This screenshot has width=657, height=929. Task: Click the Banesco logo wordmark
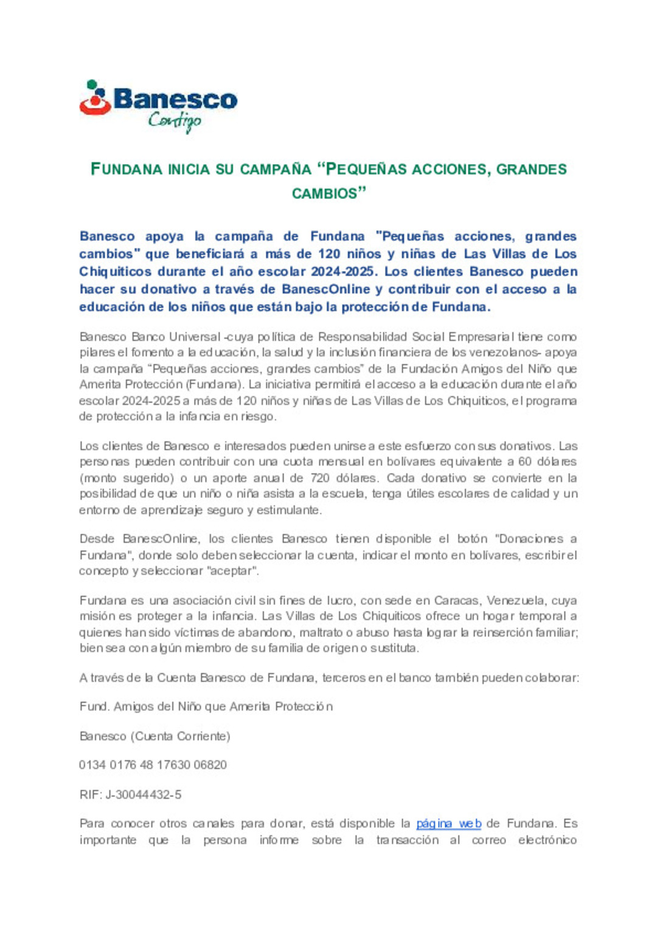(x=175, y=99)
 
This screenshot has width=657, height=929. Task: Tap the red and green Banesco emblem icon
(x=95, y=98)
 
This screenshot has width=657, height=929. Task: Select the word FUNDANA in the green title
(x=126, y=169)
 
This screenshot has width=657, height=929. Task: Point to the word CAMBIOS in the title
(x=324, y=193)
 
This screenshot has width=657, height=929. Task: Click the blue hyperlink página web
(x=448, y=824)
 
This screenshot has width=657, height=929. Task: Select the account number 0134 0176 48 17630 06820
(x=153, y=765)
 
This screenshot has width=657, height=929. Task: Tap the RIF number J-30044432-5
(x=143, y=795)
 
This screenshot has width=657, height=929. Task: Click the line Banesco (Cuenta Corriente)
(x=155, y=736)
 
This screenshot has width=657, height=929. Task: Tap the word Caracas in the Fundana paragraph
(x=456, y=601)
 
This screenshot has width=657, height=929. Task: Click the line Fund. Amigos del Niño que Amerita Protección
(x=206, y=706)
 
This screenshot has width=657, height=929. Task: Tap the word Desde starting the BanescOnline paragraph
(x=96, y=539)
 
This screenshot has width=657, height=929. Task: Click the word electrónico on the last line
(x=547, y=840)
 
